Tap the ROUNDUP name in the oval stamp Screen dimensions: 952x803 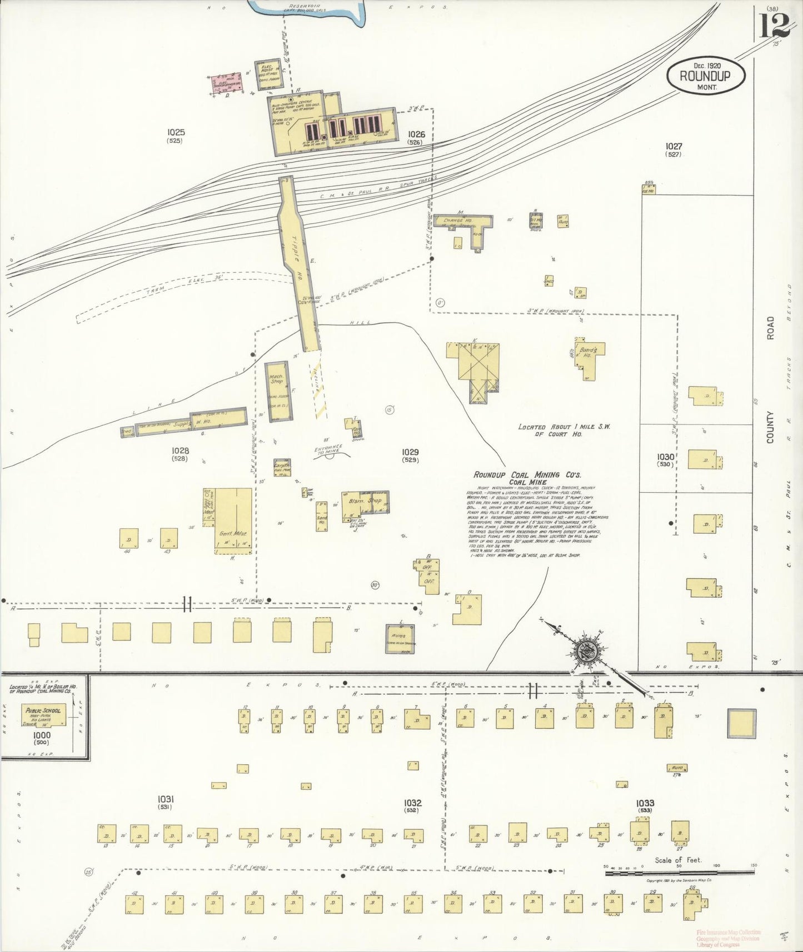[705, 76]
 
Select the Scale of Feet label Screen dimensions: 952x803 [678, 860]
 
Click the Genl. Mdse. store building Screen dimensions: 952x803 [233, 520]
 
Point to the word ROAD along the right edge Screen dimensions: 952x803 [770, 328]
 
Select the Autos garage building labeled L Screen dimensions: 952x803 [400, 638]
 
